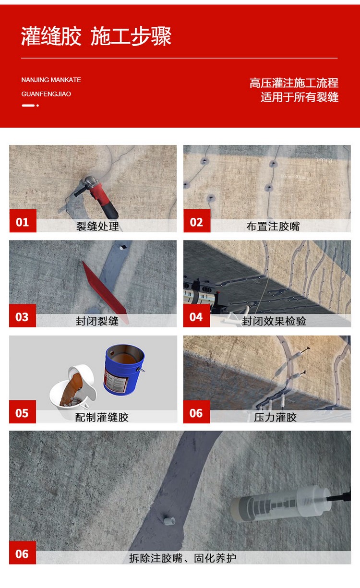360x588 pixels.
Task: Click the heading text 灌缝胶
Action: click(51, 37)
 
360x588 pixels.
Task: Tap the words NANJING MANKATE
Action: click(51, 80)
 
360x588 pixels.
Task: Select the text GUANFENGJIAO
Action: click(46, 94)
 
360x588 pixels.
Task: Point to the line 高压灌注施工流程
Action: click(294, 83)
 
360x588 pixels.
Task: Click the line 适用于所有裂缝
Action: click(300, 97)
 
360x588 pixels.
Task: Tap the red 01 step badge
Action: click(23, 222)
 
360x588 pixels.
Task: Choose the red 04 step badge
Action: click(196, 316)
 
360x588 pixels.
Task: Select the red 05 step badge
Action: click(23, 412)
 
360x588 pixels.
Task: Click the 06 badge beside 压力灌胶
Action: click(196, 412)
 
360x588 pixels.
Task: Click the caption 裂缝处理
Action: click(97, 226)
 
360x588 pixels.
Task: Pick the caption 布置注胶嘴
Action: click(273, 226)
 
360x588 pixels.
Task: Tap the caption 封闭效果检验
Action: click(274, 321)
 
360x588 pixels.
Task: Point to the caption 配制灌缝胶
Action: click(102, 417)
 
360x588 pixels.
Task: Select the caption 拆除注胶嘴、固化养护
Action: click(182, 558)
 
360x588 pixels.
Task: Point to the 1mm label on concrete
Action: click(324, 160)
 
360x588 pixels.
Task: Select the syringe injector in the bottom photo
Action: click(283, 503)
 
